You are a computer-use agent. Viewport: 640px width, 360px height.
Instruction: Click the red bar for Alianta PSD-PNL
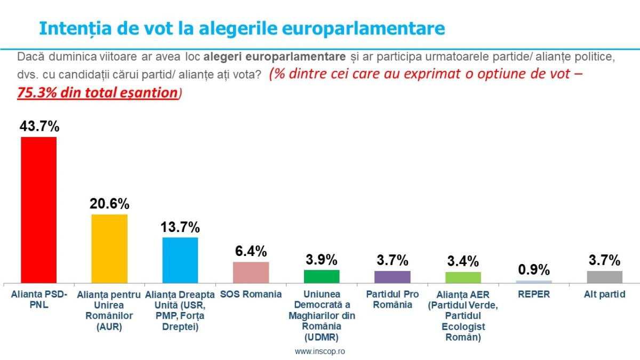click(38, 210)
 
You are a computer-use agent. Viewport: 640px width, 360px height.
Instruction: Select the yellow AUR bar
click(109, 249)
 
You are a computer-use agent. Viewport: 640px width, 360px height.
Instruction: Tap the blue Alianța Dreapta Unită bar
click(180, 260)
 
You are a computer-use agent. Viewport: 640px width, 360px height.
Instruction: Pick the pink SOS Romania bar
click(251, 272)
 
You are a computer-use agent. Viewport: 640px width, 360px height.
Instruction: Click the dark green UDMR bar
click(322, 276)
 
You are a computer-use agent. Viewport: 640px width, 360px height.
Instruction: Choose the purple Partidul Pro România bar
click(392, 277)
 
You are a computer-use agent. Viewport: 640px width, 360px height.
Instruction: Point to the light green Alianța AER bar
click(463, 277)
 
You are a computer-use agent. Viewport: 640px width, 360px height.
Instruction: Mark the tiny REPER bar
click(534, 281)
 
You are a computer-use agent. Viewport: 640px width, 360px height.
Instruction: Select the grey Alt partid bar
click(604, 277)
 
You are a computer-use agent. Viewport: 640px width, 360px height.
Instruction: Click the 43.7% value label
click(39, 126)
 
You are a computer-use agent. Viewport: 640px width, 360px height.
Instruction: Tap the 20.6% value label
click(109, 204)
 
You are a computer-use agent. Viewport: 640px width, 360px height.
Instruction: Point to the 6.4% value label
click(251, 251)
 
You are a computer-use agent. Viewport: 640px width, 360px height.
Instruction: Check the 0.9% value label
click(534, 270)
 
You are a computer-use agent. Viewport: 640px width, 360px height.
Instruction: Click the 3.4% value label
click(463, 261)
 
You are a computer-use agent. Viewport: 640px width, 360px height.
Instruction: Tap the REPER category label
click(534, 294)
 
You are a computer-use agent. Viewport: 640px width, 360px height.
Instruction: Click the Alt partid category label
click(604, 294)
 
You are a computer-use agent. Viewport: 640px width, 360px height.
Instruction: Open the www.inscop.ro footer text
click(319, 351)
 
